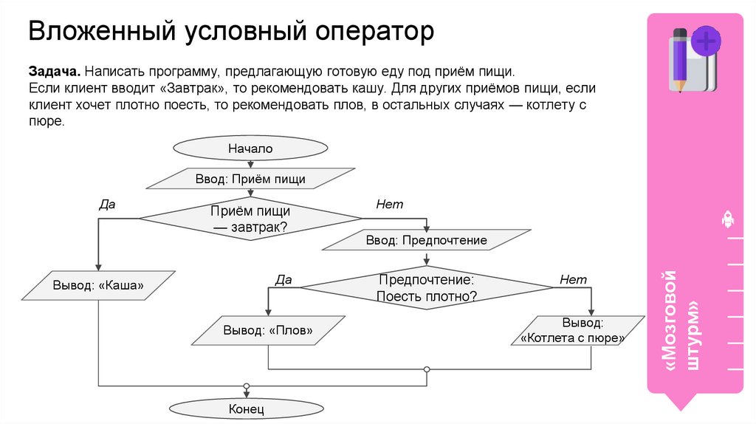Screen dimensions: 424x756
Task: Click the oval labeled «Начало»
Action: click(x=250, y=148)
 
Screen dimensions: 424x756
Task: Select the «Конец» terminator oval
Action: click(x=247, y=408)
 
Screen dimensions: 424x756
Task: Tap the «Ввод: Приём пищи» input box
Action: click(x=250, y=179)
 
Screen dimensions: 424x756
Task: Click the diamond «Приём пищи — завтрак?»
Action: click(x=250, y=219)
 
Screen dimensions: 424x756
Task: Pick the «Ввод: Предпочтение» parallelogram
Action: click(x=426, y=240)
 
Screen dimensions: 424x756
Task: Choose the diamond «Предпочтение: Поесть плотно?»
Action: click(x=426, y=288)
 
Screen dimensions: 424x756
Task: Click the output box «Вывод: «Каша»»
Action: click(x=97, y=285)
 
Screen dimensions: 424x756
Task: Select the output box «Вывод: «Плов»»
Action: click(x=268, y=330)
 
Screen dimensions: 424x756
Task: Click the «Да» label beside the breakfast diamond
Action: click(x=107, y=205)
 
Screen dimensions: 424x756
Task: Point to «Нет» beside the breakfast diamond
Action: click(x=389, y=205)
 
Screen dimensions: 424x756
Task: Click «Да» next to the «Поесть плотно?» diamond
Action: click(x=283, y=280)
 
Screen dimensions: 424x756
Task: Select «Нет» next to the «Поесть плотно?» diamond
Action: click(x=573, y=280)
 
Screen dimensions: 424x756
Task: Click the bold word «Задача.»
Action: click(x=54, y=73)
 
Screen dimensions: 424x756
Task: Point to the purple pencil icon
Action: click(x=680, y=59)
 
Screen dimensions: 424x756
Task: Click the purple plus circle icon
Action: click(x=706, y=41)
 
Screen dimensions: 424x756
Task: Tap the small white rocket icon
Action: click(x=726, y=219)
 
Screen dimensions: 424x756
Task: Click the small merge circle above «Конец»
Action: click(x=247, y=386)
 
